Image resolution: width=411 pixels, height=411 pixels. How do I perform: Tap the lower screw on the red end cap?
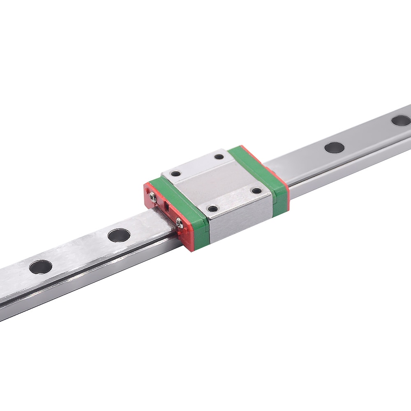tap(179, 222)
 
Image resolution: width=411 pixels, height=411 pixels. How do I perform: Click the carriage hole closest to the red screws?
tap(176, 173)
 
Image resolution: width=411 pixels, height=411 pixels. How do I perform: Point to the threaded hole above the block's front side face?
tap(212, 209)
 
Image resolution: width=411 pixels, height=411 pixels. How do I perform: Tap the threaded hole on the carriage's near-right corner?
tap(256, 190)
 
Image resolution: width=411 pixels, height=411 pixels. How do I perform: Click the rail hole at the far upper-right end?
tap(400, 120)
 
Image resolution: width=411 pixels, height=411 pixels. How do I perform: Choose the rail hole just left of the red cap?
tap(119, 235)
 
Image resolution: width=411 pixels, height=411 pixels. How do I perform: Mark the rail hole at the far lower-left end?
tap(41, 267)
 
